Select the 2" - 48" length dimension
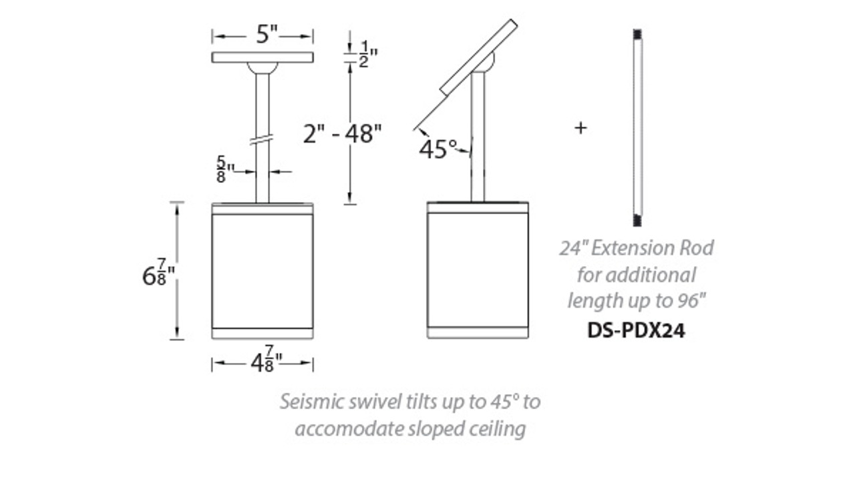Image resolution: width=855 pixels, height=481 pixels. (x=342, y=133)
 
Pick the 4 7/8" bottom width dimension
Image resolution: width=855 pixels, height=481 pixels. (x=265, y=363)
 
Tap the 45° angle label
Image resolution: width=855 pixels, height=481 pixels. (x=438, y=149)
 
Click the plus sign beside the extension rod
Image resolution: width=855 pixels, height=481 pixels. (x=580, y=127)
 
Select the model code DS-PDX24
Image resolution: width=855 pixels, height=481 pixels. (x=636, y=330)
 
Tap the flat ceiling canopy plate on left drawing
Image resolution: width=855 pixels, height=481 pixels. (x=263, y=57)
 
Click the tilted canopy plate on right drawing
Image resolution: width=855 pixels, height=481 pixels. (x=478, y=57)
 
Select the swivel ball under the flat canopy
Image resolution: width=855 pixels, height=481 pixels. (x=263, y=67)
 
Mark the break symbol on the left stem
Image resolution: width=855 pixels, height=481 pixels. (x=263, y=141)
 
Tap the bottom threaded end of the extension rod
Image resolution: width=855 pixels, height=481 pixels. (x=637, y=221)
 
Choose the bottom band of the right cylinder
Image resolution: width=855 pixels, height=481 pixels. (x=478, y=332)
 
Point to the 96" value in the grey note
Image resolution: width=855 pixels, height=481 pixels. (x=689, y=301)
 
